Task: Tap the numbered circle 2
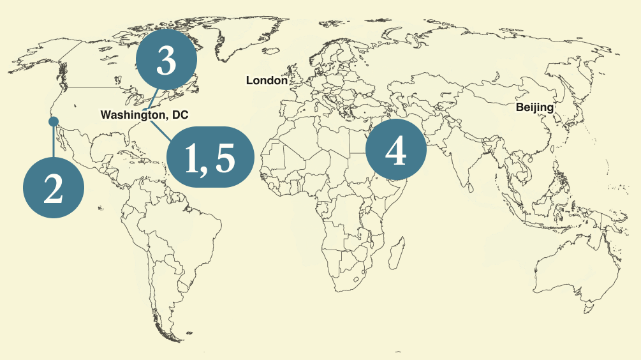click(54, 188)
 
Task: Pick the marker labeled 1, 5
click(210, 156)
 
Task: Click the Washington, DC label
click(145, 115)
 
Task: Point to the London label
click(267, 80)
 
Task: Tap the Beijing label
click(534, 107)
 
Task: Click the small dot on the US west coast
click(54, 121)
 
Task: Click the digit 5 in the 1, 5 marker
click(226, 158)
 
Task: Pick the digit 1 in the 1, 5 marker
click(191, 158)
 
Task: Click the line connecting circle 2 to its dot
click(54, 140)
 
